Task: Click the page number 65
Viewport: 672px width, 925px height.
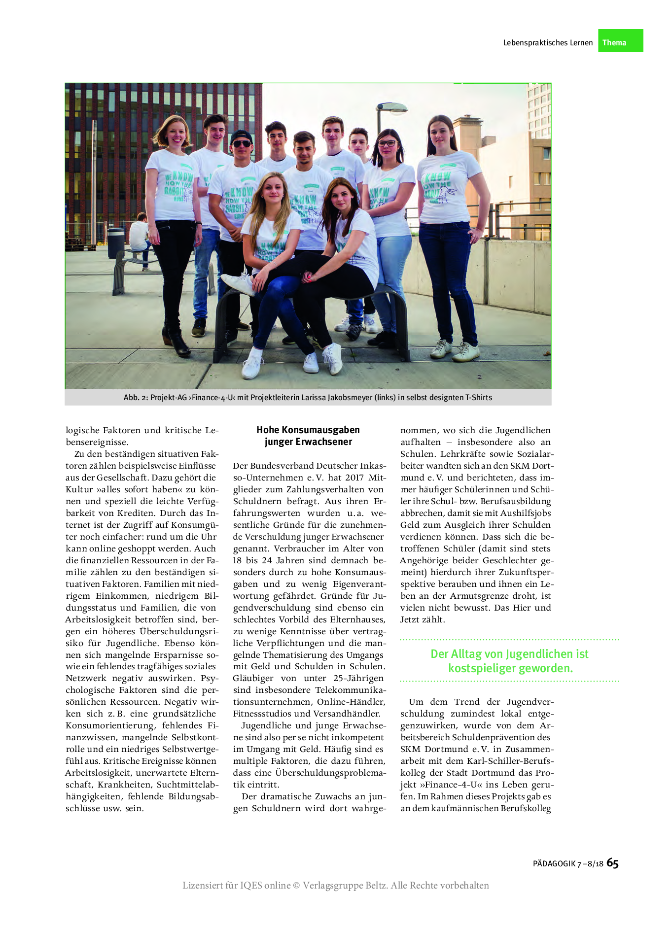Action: pos(612,862)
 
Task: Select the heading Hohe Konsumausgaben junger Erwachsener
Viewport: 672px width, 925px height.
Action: pos(308,436)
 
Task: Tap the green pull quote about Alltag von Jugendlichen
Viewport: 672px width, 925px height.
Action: pos(510,661)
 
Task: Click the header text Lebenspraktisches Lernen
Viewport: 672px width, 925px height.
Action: pos(548,43)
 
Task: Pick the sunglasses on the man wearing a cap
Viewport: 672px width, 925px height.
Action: pos(242,144)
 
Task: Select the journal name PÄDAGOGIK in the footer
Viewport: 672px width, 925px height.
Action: pos(554,864)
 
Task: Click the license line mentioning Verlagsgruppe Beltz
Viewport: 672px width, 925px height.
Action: pos(336,886)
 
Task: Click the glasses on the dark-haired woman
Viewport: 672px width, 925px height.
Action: pos(388,143)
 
